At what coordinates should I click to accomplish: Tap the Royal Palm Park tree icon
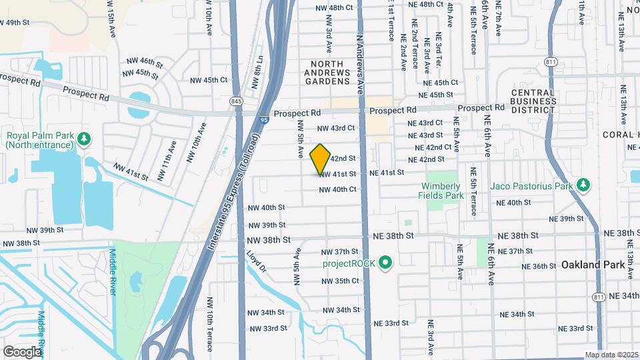[x=84, y=139]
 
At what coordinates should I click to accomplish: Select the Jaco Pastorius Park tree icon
[x=583, y=184]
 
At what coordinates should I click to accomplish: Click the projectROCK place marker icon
[x=385, y=264]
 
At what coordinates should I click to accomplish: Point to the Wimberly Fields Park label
[x=441, y=191]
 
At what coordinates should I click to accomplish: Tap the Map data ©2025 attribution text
[x=611, y=355]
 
